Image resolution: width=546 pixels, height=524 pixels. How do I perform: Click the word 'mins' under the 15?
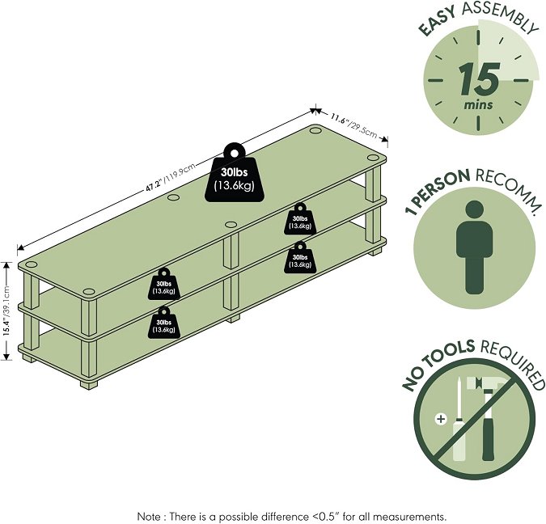tap(477, 104)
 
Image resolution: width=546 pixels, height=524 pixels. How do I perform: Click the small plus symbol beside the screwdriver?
tap(441, 420)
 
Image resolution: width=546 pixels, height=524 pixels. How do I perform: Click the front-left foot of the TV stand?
tap(89, 382)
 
